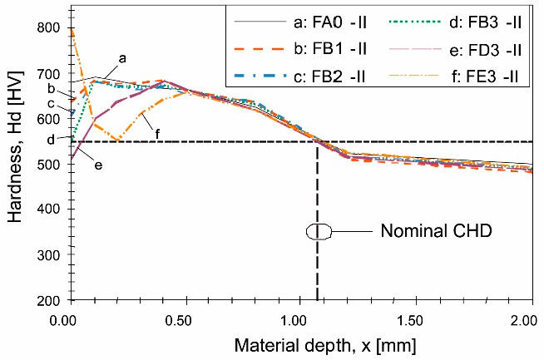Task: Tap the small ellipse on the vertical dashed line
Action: pyautogui.click(x=318, y=231)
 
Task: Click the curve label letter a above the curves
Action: pyautogui.click(x=122, y=58)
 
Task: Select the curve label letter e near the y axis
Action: pyautogui.click(x=98, y=165)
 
